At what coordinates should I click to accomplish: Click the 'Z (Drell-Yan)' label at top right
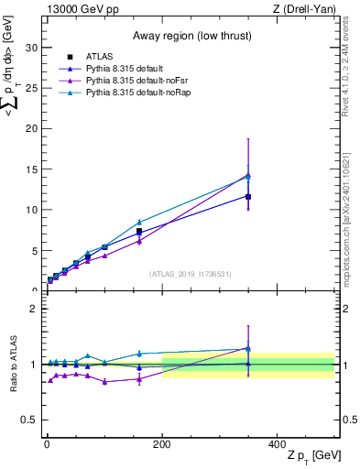[307, 9]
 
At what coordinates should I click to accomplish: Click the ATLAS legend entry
[99, 57]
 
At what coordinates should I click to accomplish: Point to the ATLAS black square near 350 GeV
[248, 196]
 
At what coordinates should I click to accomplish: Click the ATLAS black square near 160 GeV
[139, 232]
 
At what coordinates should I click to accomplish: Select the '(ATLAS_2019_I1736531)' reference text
[189, 274]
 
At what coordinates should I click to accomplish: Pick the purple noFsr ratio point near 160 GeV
[139, 379]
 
